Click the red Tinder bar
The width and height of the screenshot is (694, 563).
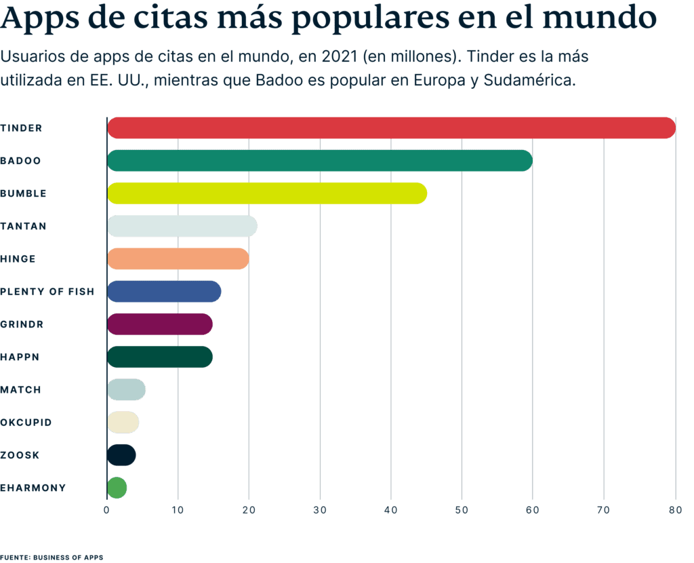(391, 128)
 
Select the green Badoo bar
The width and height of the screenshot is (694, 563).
(320, 161)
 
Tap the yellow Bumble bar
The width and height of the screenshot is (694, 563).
(267, 193)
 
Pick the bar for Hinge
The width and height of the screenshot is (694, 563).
(178, 259)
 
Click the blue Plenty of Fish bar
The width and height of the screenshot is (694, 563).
(164, 292)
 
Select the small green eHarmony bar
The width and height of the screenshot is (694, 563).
(117, 488)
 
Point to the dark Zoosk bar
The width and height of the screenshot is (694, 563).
(122, 455)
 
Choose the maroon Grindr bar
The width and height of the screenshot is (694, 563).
(160, 324)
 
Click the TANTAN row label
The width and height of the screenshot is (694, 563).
(24, 226)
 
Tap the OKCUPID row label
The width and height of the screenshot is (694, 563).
(26, 423)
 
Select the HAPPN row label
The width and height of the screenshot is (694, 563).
(20, 357)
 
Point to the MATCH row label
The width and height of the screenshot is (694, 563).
(21, 390)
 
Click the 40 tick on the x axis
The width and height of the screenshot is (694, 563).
(390, 510)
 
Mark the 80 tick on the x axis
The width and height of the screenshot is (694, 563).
(674, 510)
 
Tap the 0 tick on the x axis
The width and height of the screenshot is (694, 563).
(107, 510)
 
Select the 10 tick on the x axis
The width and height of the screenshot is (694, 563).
(178, 510)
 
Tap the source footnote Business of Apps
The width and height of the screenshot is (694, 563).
(52, 557)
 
